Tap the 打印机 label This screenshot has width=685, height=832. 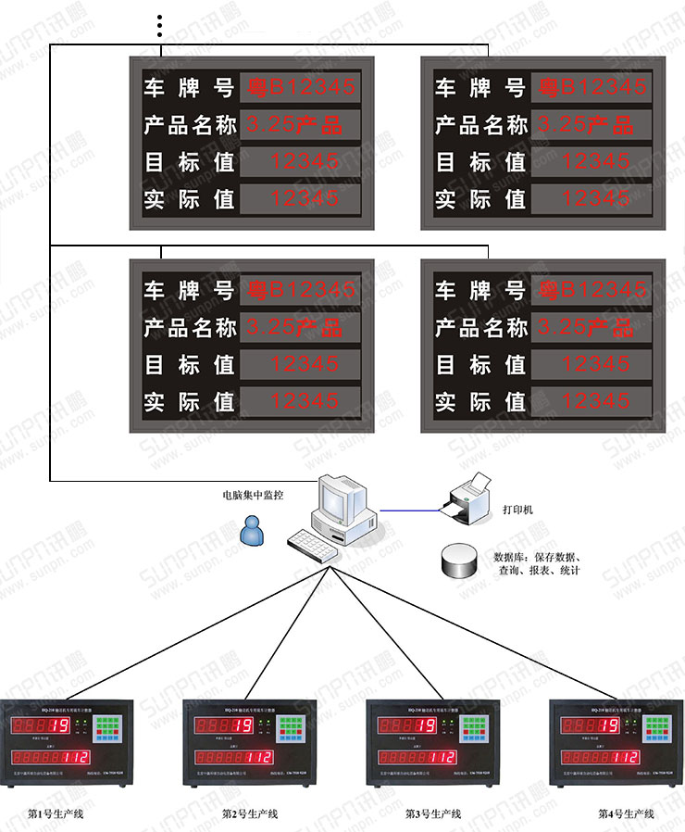[517, 510]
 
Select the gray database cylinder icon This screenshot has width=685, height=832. [455, 559]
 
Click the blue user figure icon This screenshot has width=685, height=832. [250, 530]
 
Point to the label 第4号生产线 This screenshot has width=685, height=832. [626, 813]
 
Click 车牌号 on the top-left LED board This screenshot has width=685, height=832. [189, 88]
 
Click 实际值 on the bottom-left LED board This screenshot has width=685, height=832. [189, 402]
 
